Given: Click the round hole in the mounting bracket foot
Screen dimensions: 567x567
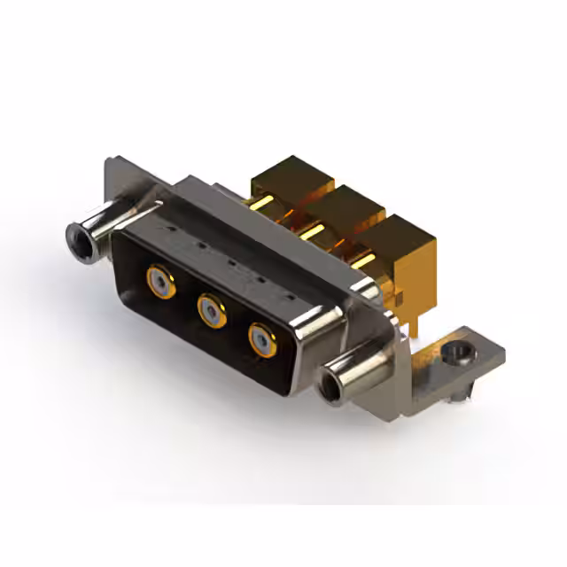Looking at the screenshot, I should (457, 355).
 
